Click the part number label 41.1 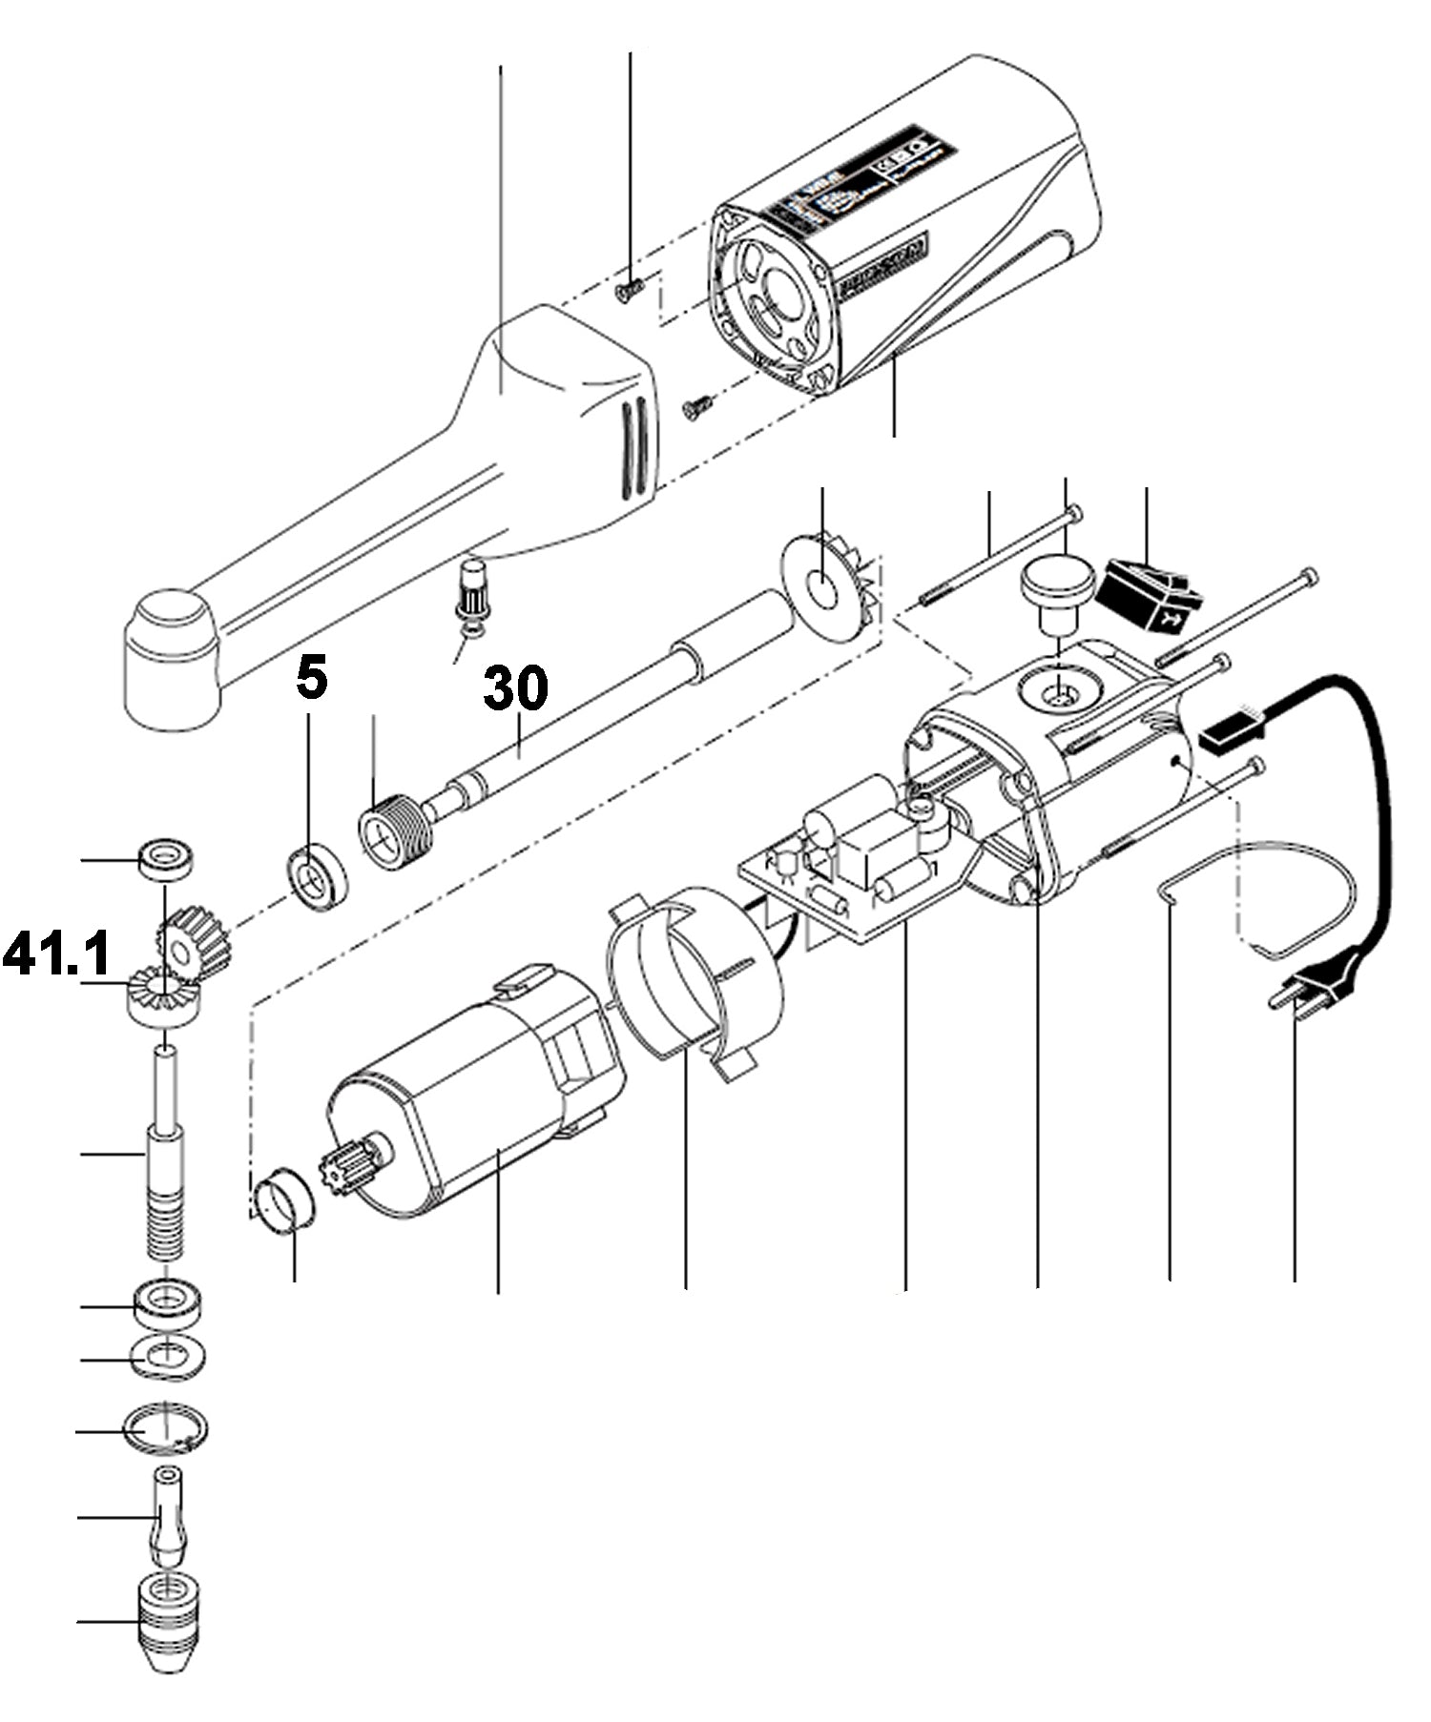point(57,953)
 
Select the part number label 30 point(515,688)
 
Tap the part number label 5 point(311,678)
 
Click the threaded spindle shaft point(167,1192)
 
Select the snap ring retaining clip point(167,1428)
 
